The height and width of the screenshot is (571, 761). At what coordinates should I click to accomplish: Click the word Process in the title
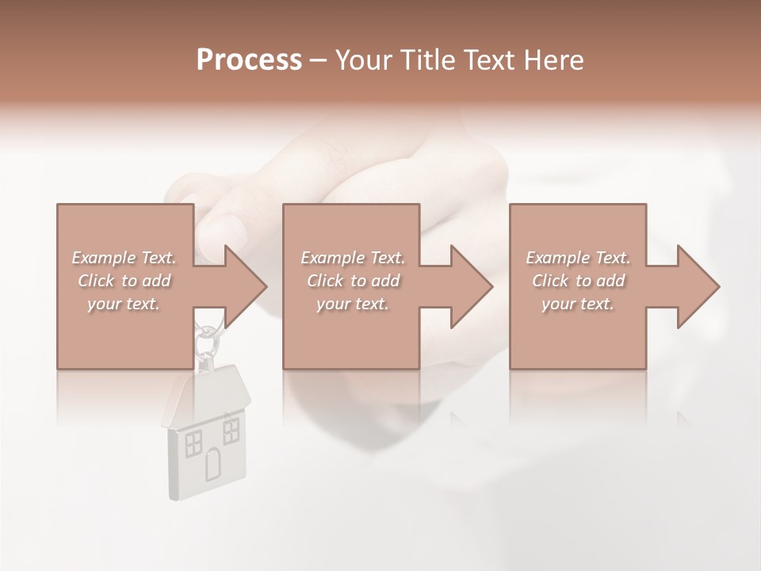pyautogui.click(x=249, y=60)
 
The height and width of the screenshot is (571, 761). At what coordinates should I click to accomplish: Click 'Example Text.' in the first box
pyautogui.click(x=124, y=258)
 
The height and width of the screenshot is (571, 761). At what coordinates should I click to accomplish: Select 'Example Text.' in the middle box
pyautogui.click(x=353, y=258)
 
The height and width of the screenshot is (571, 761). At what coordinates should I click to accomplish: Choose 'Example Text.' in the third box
pyautogui.click(x=578, y=258)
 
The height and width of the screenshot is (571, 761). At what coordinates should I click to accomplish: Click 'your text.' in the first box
pyautogui.click(x=124, y=304)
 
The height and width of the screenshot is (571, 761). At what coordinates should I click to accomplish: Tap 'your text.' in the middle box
pyautogui.click(x=353, y=304)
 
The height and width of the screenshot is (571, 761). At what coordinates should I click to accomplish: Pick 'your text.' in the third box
pyautogui.click(x=578, y=304)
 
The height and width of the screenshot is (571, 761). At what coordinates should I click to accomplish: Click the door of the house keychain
pyautogui.click(x=212, y=464)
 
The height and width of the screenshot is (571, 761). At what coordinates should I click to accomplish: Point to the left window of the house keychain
pyautogui.click(x=193, y=443)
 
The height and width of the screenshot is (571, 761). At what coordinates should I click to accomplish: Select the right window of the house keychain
pyautogui.click(x=231, y=430)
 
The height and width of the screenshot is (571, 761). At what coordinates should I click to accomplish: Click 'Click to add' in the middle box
pyautogui.click(x=353, y=281)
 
